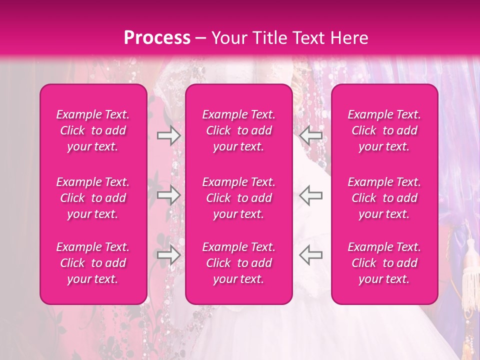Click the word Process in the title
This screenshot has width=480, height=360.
[x=157, y=38]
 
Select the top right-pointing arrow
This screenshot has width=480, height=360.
[x=168, y=135]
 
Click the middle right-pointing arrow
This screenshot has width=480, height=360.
[x=168, y=195]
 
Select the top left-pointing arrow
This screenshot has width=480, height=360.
[x=311, y=135]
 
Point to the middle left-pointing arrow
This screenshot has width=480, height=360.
[x=311, y=195]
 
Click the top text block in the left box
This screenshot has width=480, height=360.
[x=93, y=130]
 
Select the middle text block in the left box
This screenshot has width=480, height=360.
[x=93, y=198]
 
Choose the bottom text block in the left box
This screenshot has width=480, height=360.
[x=93, y=263]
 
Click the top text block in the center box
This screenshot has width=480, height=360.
[x=239, y=130]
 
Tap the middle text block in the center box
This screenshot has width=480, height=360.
[x=239, y=198]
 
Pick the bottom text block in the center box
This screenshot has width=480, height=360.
[x=239, y=263]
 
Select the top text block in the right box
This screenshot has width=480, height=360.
[x=384, y=130]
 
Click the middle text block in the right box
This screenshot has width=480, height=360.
[x=384, y=198]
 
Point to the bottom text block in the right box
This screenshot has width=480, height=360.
[x=384, y=263]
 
